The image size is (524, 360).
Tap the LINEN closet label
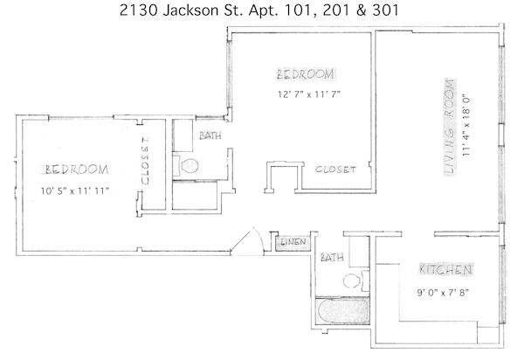point(293,242)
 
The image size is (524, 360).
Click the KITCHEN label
point(445,269)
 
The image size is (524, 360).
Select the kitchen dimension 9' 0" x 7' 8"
point(443,293)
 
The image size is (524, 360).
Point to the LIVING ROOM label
point(450,128)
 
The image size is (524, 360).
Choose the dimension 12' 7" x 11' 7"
point(309,94)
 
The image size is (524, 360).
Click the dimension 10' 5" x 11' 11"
point(75,191)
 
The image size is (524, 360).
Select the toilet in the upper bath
point(186,165)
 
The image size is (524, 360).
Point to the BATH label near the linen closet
point(332,258)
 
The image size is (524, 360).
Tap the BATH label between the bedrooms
point(210,135)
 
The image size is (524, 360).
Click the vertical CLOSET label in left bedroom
point(145,161)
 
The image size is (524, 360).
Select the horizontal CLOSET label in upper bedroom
point(336,170)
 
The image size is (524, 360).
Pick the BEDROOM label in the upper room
point(306,74)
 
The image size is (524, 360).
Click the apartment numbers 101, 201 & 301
point(341,10)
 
